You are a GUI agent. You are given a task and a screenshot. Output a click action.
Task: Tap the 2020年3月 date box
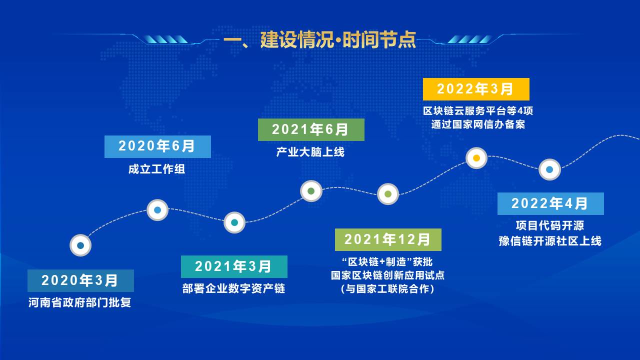(80, 280)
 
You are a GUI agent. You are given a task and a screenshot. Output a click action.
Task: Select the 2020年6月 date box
(157, 146)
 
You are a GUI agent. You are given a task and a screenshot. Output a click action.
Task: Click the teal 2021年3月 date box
(234, 266)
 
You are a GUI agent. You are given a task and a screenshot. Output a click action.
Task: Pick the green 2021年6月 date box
(311, 129)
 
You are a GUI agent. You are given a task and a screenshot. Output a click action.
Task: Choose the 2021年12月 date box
(388, 239)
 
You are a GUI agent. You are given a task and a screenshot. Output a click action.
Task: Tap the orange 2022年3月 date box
(476, 89)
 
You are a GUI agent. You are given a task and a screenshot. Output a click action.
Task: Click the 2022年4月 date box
(550, 203)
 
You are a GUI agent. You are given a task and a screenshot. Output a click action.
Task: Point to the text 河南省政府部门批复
(79, 302)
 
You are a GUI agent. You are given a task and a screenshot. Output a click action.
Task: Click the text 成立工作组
(156, 169)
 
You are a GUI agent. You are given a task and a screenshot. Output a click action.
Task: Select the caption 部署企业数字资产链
(233, 288)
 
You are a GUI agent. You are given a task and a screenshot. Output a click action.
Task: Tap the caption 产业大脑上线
(310, 152)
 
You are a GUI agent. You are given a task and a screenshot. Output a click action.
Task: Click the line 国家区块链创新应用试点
(387, 275)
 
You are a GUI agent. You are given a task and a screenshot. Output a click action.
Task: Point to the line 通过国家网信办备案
(478, 124)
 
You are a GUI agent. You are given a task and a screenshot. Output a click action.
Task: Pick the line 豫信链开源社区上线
(550, 241)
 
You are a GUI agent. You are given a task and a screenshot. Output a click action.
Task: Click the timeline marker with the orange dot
(476, 158)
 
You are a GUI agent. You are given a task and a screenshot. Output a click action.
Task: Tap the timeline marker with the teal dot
(234, 222)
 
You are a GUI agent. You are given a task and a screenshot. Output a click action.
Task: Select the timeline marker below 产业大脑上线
(311, 191)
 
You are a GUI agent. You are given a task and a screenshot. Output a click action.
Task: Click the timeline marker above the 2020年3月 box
(80, 245)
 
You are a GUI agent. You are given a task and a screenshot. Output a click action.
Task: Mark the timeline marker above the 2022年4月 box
(549, 169)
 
